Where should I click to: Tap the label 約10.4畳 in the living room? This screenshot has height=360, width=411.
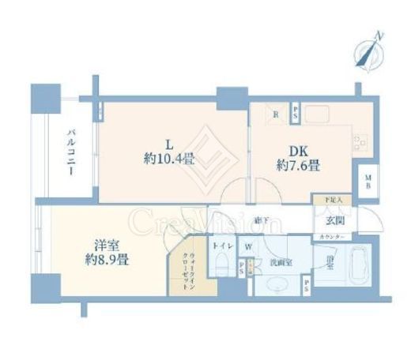pos(168,159)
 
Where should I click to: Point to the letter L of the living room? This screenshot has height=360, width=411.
pos(168,143)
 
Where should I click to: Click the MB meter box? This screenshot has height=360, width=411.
pos(368,185)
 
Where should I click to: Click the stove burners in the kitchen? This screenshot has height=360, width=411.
pos(360,141)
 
